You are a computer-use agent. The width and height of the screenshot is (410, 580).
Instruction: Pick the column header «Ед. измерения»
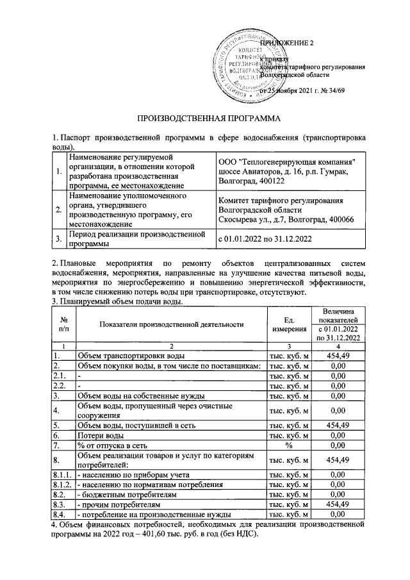click(x=288, y=324)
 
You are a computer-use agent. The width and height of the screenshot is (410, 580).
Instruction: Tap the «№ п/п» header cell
click(x=63, y=324)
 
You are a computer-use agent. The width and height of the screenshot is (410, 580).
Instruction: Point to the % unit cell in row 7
click(x=288, y=445)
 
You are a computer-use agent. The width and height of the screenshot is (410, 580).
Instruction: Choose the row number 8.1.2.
click(x=63, y=484)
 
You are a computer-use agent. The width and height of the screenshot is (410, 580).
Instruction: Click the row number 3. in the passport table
click(x=59, y=239)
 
